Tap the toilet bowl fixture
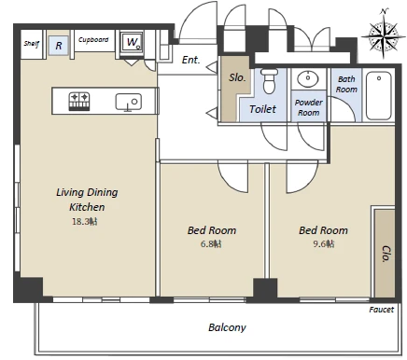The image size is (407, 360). pos(269,81)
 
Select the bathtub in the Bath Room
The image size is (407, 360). pos(378,95)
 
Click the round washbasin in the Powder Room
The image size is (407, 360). pos(307,78)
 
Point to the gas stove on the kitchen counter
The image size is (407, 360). pos(79,102)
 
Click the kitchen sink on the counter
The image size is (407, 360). pos(129,103)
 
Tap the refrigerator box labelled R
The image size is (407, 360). pos(59,46)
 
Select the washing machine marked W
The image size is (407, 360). pos(132,42)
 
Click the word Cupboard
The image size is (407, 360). pos(93,40)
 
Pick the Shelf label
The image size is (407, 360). pos(32,44)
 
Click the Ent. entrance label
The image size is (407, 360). pos(190,60)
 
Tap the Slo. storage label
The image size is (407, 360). pos(237,77)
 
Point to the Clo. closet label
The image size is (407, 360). pos(386,254)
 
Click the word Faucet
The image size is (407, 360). pos(382,310)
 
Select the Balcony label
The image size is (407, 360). pos(227,327)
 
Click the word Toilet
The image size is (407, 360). pos(262,109)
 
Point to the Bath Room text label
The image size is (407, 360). pos(346,84)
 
